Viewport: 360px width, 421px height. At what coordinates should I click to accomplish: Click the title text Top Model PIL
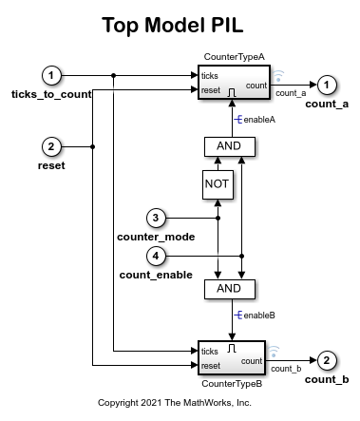click(180, 26)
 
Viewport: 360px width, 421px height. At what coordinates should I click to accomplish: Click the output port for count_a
click(326, 84)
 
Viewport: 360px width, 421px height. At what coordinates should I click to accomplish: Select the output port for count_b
click(326, 360)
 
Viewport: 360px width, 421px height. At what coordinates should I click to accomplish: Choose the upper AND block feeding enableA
click(230, 146)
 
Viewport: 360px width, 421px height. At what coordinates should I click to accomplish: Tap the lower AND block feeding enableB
click(230, 289)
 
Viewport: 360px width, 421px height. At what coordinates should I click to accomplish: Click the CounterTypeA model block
click(232, 83)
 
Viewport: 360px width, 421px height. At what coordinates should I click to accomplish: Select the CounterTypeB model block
click(232, 358)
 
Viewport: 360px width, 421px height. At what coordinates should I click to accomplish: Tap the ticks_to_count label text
click(51, 94)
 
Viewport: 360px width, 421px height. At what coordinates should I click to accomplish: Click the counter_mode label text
click(155, 236)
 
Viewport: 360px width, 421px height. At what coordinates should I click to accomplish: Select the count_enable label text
click(156, 274)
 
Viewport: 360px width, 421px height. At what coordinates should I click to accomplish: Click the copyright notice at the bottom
click(180, 402)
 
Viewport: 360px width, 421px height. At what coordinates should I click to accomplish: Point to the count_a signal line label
click(290, 93)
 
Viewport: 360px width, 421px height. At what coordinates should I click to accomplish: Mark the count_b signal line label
click(286, 368)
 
